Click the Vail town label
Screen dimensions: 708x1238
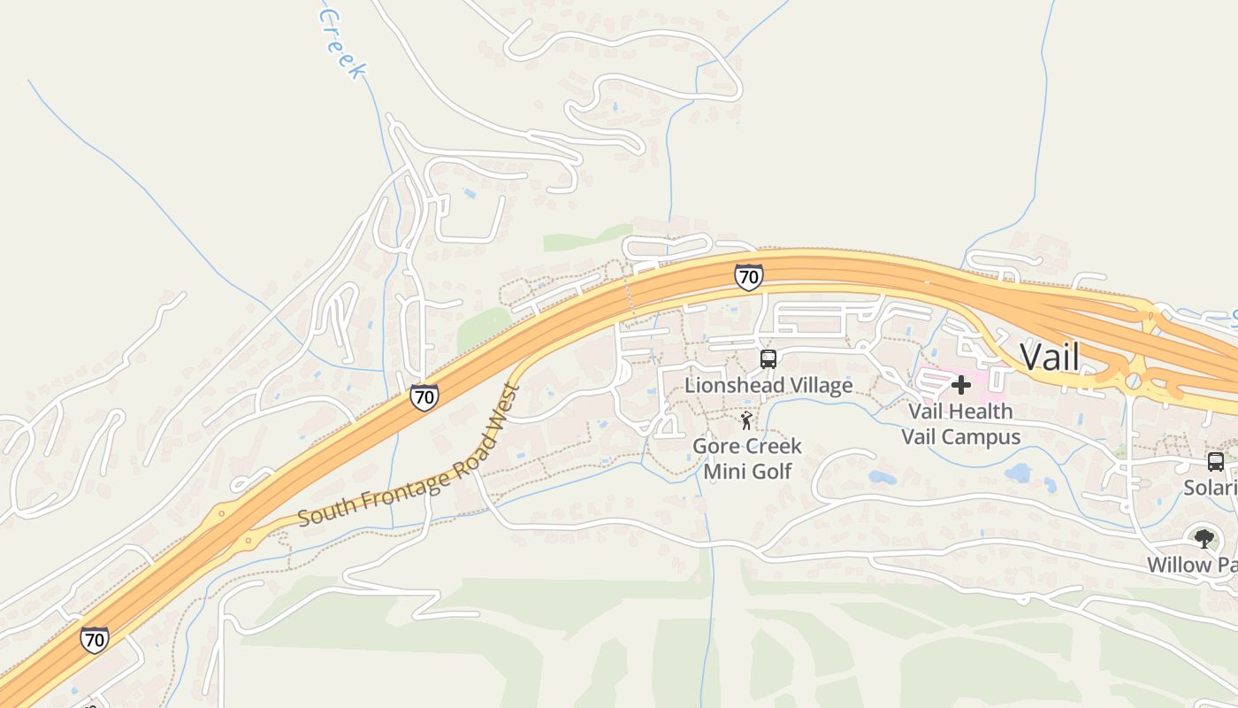click(x=1050, y=358)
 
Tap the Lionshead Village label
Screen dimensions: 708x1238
click(x=768, y=385)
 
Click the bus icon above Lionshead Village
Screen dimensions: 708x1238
click(x=768, y=359)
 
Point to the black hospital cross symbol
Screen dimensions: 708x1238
click(x=961, y=385)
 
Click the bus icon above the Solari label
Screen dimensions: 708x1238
click(x=1216, y=461)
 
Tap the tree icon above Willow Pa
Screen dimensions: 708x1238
click(x=1203, y=538)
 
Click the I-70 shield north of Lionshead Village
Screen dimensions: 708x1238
click(x=748, y=277)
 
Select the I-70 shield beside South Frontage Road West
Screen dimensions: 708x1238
click(x=424, y=396)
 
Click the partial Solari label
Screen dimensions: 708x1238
click(x=1211, y=489)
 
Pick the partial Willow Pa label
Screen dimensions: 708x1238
click(x=1191, y=565)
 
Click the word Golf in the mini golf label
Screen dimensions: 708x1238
click(x=773, y=471)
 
